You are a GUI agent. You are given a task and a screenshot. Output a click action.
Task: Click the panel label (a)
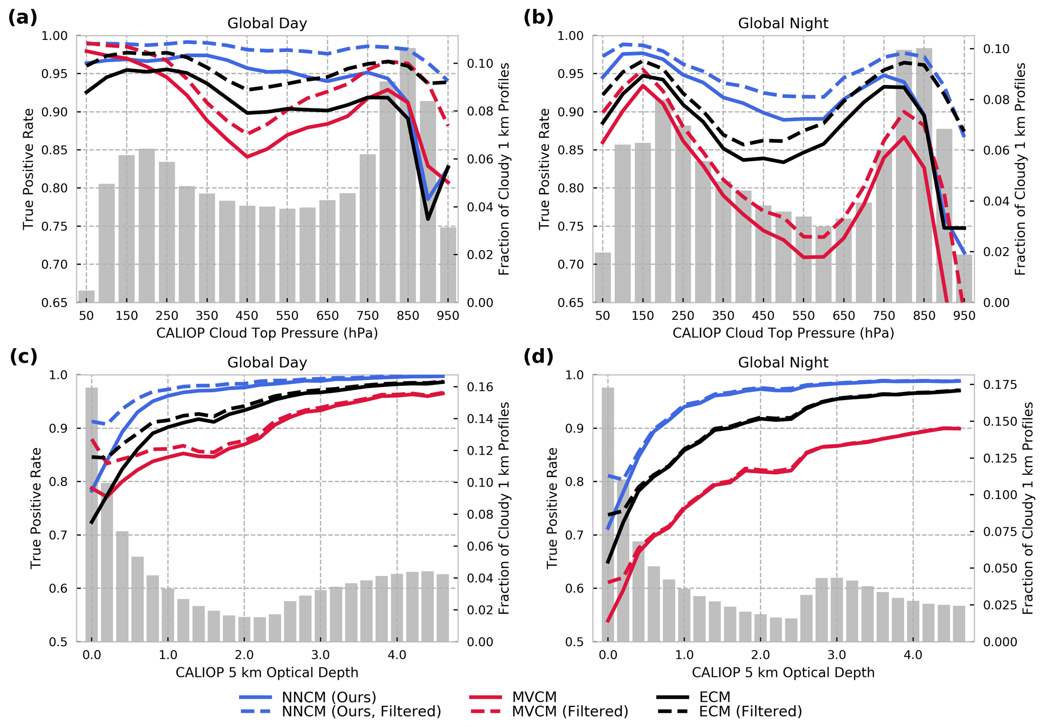(23, 18)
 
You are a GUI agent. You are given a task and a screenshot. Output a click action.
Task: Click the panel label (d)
(538, 357)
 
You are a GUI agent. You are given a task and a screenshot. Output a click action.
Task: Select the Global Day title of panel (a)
(267, 24)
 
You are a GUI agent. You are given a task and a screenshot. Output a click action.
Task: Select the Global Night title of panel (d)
(783, 363)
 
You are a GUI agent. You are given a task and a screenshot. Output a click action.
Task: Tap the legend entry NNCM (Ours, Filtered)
(361, 711)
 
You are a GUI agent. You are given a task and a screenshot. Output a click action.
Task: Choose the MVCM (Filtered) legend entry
(570, 711)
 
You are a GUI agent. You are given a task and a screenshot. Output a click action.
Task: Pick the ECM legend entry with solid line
(715, 697)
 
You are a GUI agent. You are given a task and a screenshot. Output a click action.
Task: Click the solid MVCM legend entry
(534, 697)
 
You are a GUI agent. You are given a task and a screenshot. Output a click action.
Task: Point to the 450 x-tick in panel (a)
(247, 316)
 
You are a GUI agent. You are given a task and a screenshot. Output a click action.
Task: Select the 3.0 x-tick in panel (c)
(320, 655)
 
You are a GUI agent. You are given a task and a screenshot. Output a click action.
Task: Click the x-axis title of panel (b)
(783, 333)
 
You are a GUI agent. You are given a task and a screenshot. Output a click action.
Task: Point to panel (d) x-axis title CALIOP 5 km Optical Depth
(783, 672)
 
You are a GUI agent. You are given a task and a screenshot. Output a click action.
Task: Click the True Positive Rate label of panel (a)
(28, 169)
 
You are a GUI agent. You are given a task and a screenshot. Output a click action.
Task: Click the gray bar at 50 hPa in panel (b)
(603, 277)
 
